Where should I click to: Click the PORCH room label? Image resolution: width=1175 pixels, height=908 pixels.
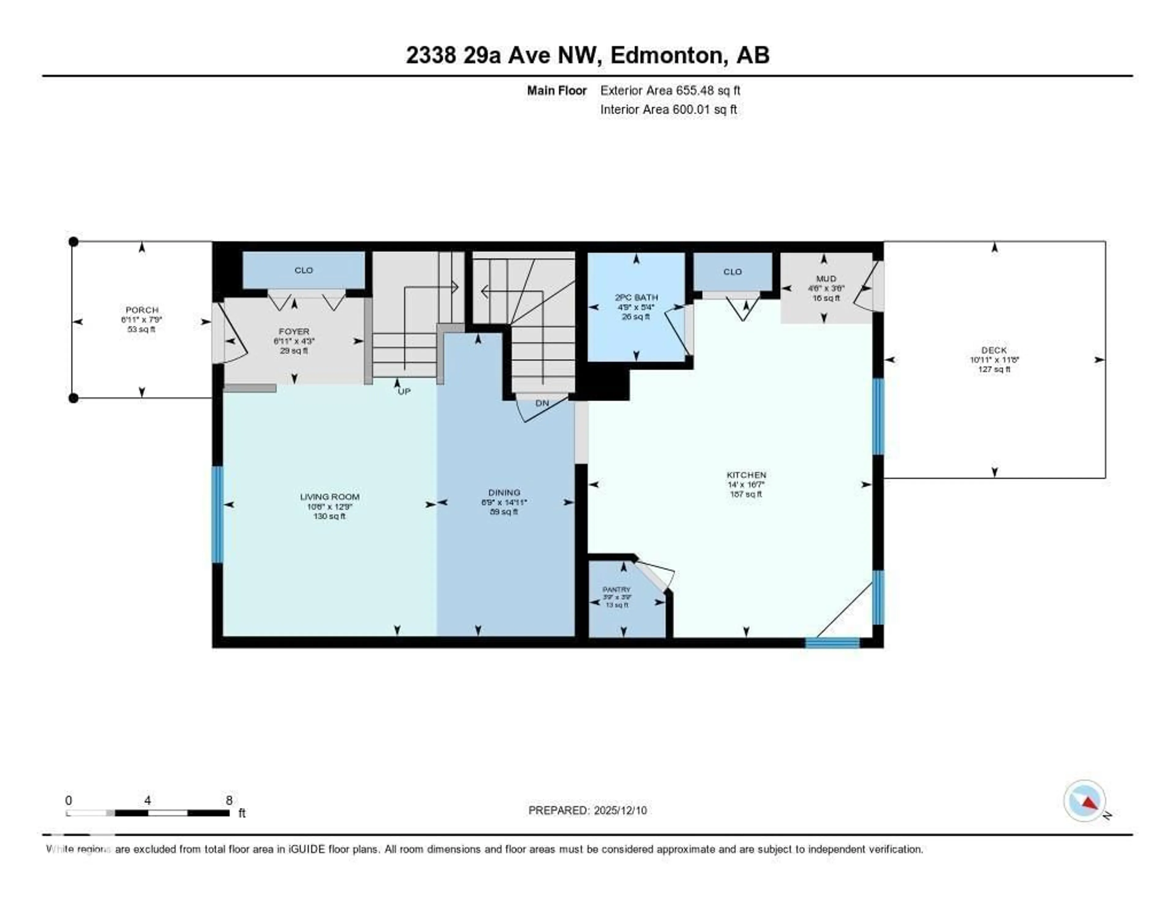(142, 310)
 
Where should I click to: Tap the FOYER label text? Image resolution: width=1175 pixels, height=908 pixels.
(294, 332)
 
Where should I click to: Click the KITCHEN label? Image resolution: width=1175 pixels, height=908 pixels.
(746, 475)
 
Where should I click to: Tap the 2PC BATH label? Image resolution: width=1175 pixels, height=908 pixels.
(636, 297)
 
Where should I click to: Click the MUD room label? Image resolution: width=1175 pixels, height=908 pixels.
(826, 278)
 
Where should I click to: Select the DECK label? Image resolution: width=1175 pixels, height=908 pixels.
(994, 350)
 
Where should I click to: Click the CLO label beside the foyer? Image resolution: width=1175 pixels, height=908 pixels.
(304, 270)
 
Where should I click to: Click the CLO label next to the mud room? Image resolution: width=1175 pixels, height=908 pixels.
(732, 272)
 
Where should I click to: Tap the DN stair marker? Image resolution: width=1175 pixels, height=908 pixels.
(542, 403)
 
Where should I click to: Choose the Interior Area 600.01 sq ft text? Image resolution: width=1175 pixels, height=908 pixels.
(668, 110)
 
